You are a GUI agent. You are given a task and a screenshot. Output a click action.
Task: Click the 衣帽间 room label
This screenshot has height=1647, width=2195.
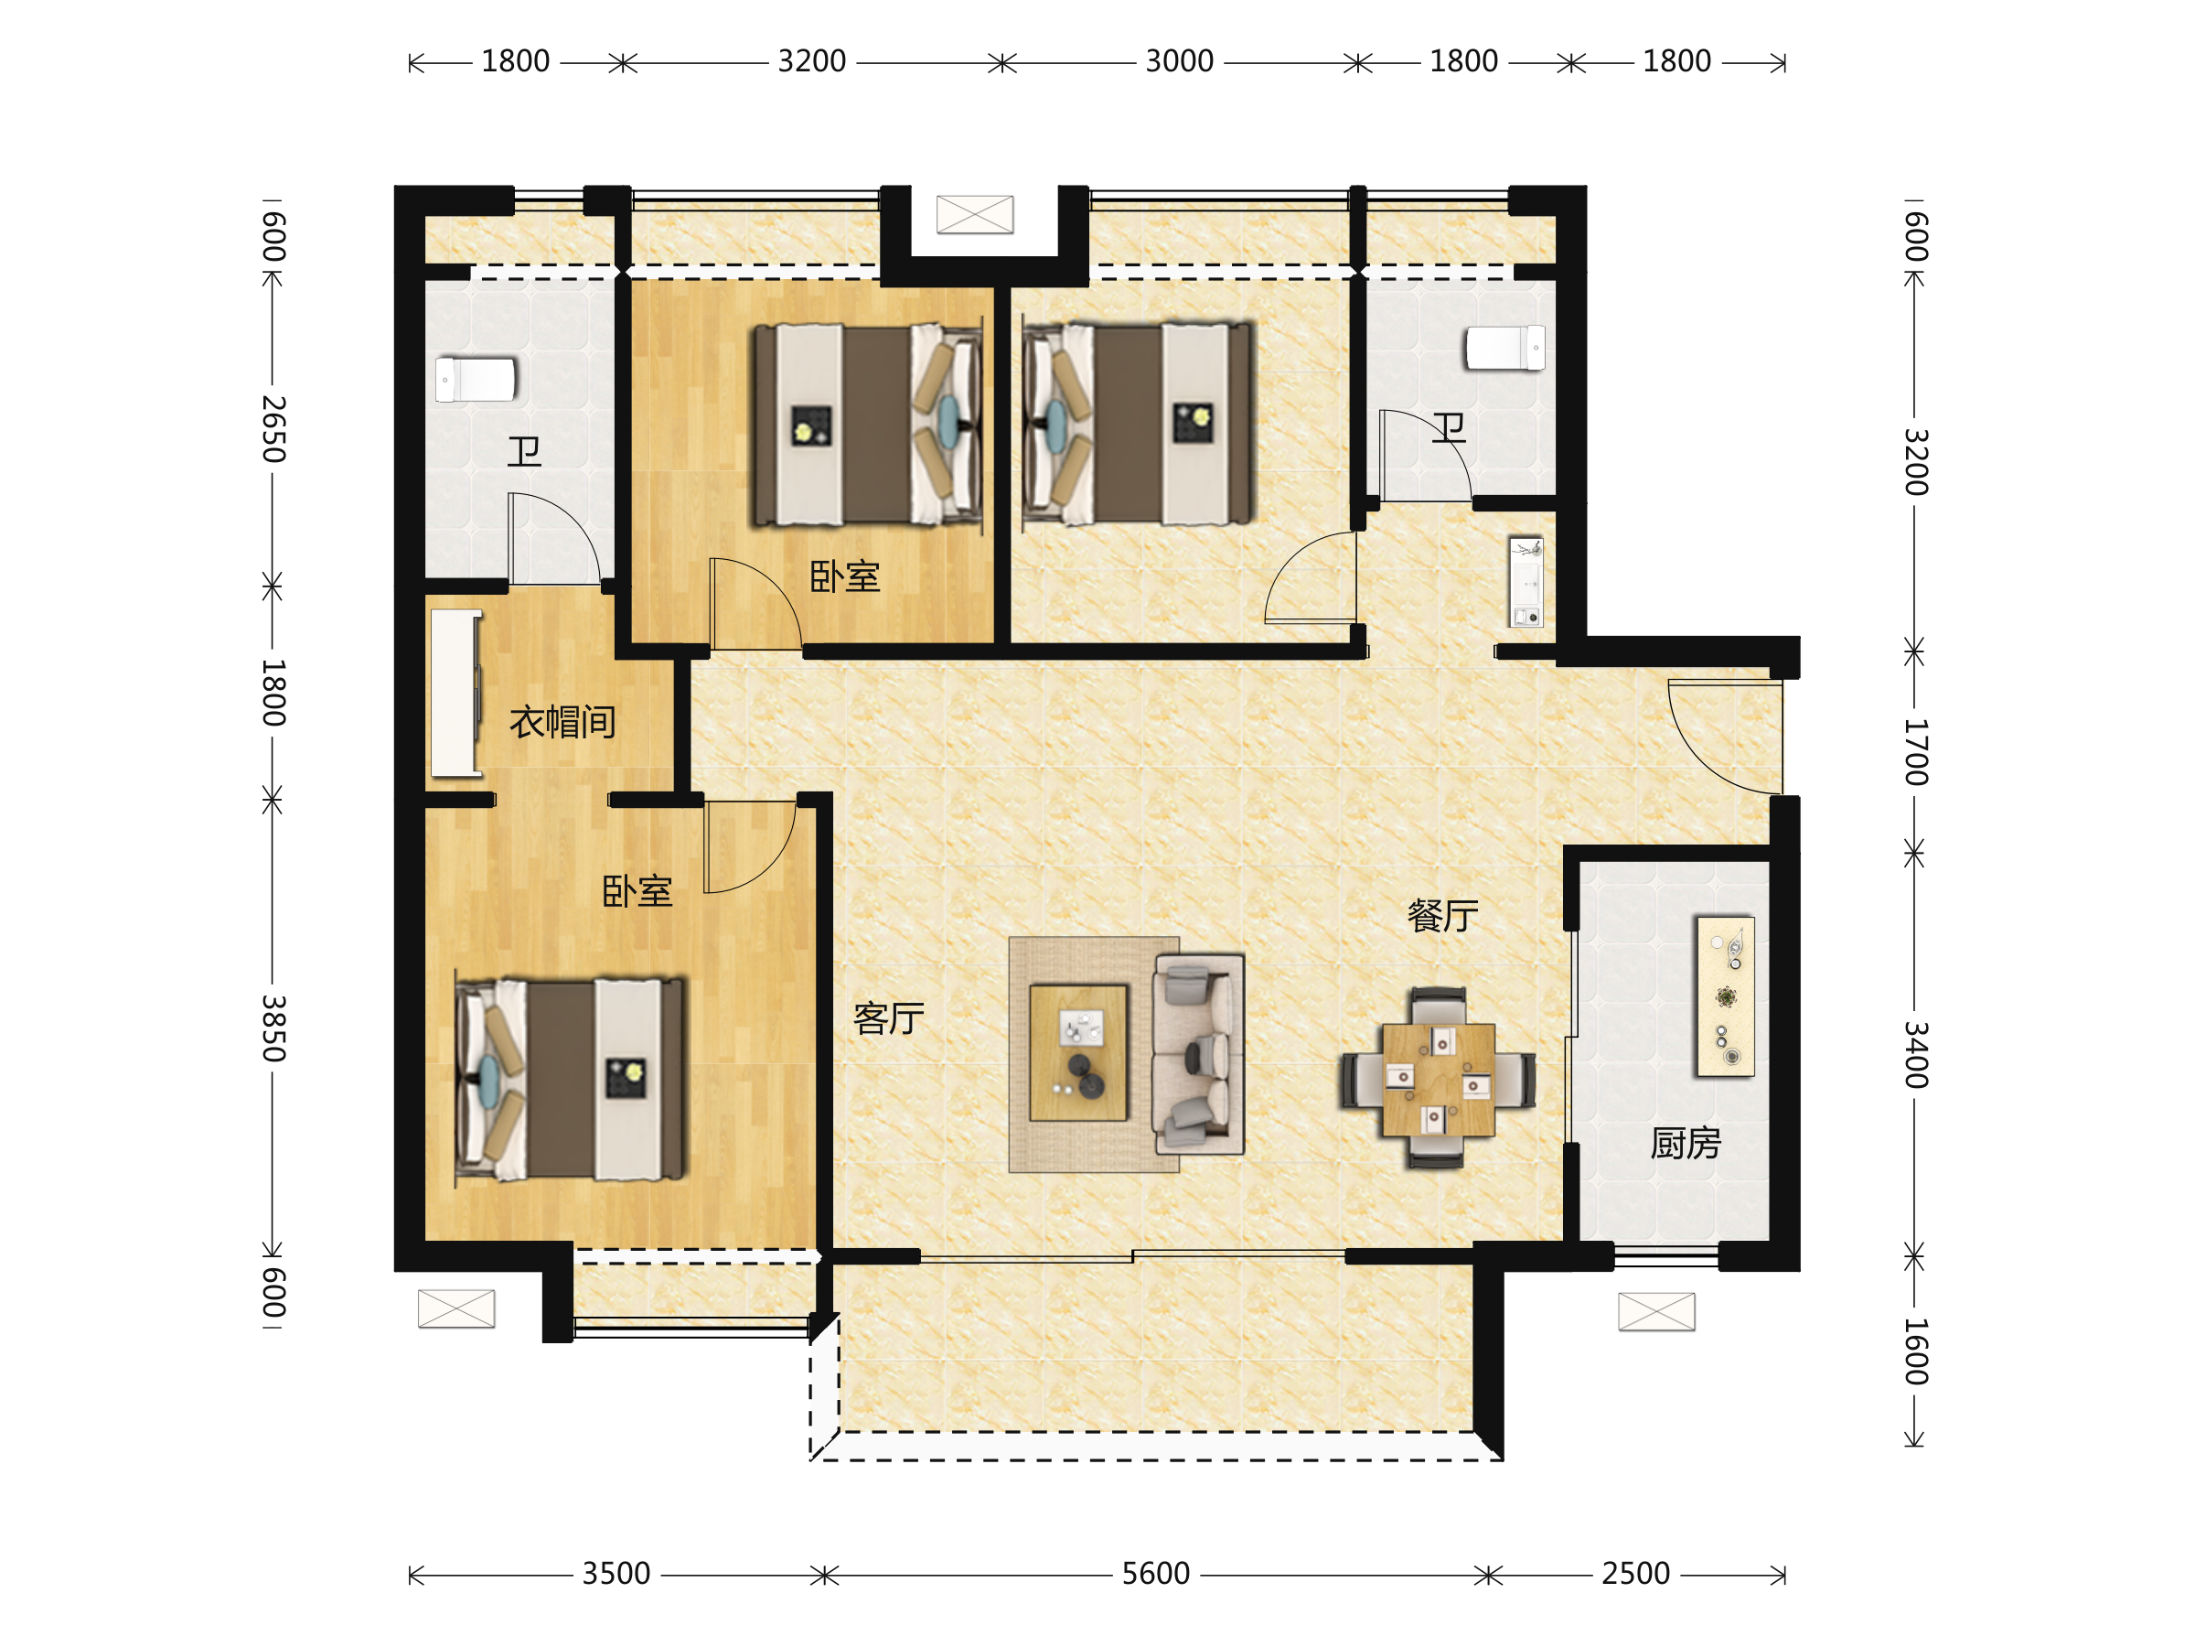[x=562, y=722]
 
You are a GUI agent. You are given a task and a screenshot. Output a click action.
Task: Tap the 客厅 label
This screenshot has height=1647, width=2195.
[x=889, y=1018]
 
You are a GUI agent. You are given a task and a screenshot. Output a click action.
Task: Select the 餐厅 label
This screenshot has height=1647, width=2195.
[x=1443, y=915]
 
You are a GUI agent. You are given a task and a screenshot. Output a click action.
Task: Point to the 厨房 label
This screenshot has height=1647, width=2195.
[x=1685, y=1144]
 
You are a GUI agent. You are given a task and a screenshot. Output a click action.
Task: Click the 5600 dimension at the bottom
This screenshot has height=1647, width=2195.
[x=1155, y=1574]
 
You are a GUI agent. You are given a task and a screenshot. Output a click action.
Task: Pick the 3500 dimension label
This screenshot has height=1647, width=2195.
[x=616, y=1574]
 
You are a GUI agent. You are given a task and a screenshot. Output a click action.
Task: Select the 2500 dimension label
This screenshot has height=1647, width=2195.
[x=1635, y=1574]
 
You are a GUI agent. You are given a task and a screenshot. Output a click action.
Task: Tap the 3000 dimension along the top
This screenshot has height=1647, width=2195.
[x=1179, y=61]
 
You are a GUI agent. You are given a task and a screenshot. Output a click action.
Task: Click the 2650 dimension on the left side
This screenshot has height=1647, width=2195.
[x=273, y=429]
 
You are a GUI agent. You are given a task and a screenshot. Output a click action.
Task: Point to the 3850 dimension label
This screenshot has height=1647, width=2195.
[x=273, y=1028]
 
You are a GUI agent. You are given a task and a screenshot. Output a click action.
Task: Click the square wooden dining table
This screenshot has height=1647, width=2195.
[x=1438, y=1079]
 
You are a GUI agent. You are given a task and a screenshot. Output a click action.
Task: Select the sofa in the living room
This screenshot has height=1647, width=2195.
[x=1198, y=1054]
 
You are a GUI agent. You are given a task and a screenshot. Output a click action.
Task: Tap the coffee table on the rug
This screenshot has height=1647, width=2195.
[x=1077, y=1052]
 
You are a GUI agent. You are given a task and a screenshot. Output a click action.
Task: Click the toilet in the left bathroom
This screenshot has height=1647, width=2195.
[x=476, y=379]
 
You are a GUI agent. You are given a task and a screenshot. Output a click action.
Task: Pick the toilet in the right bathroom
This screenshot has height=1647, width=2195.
[x=1505, y=349]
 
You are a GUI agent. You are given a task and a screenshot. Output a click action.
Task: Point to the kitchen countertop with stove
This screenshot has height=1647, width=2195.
[x=1726, y=996]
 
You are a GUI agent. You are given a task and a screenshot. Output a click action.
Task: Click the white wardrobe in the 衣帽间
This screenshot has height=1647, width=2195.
[x=456, y=693]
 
